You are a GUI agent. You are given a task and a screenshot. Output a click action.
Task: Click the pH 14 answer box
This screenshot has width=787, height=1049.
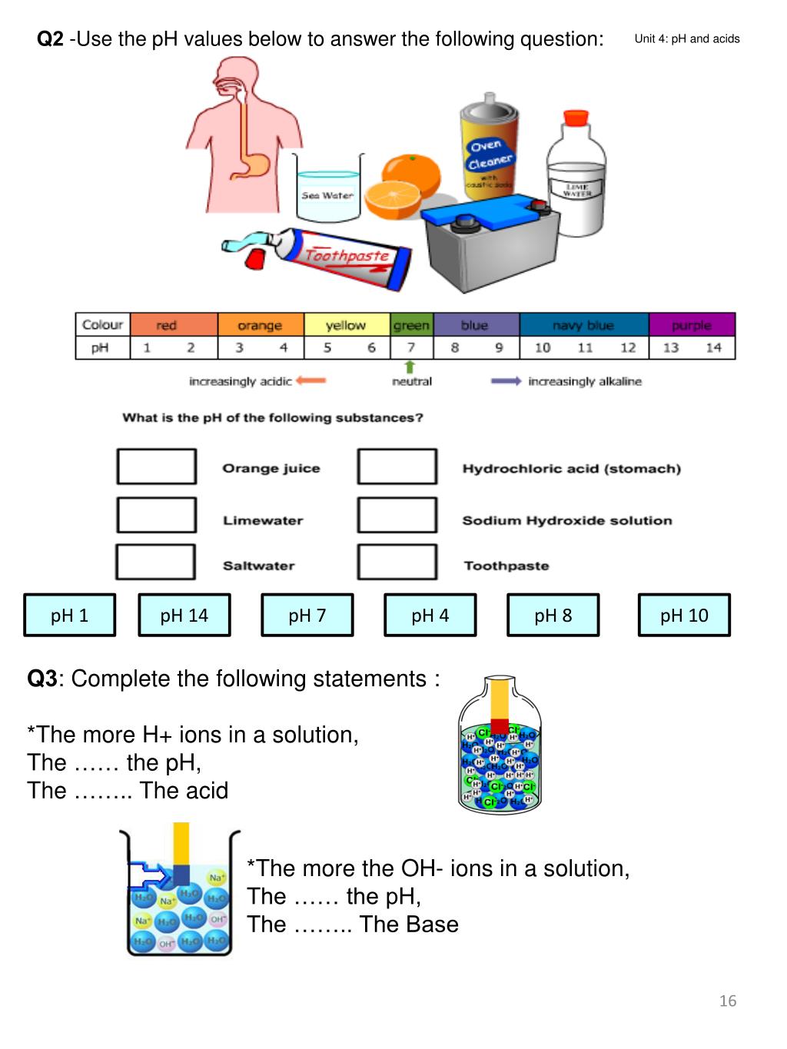click(184, 615)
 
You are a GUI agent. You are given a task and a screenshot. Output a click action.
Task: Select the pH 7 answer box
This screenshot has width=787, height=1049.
click(307, 615)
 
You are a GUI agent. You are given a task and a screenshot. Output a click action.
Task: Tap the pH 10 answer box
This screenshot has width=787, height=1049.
click(684, 615)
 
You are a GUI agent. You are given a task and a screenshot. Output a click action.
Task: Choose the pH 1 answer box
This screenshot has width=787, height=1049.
click(69, 615)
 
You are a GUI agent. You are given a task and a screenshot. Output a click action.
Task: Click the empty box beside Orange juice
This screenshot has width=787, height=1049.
click(157, 466)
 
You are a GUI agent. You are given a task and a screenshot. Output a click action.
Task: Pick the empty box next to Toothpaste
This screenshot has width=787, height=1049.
click(397, 562)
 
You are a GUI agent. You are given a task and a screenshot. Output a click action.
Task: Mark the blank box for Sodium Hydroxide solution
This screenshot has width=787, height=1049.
click(397, 515)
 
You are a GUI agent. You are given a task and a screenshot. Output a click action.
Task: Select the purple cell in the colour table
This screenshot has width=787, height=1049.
click(692, 325)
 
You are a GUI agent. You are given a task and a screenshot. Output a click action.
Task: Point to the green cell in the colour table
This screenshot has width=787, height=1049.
click(412, 325)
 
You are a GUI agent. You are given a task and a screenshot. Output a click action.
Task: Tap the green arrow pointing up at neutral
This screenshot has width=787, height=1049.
click(410, 367)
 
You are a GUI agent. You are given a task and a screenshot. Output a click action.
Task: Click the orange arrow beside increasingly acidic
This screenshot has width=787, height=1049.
click(311, 380)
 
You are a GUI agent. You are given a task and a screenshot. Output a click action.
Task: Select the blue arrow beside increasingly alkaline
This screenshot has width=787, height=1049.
click(506, 380)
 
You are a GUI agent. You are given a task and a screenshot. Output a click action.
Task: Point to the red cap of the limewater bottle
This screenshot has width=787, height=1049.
click(576, 118)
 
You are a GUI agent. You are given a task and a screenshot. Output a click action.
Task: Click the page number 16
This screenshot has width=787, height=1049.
click(727, 1001)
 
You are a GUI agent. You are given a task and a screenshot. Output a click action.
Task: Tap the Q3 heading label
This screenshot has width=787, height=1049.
click(42, 679)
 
